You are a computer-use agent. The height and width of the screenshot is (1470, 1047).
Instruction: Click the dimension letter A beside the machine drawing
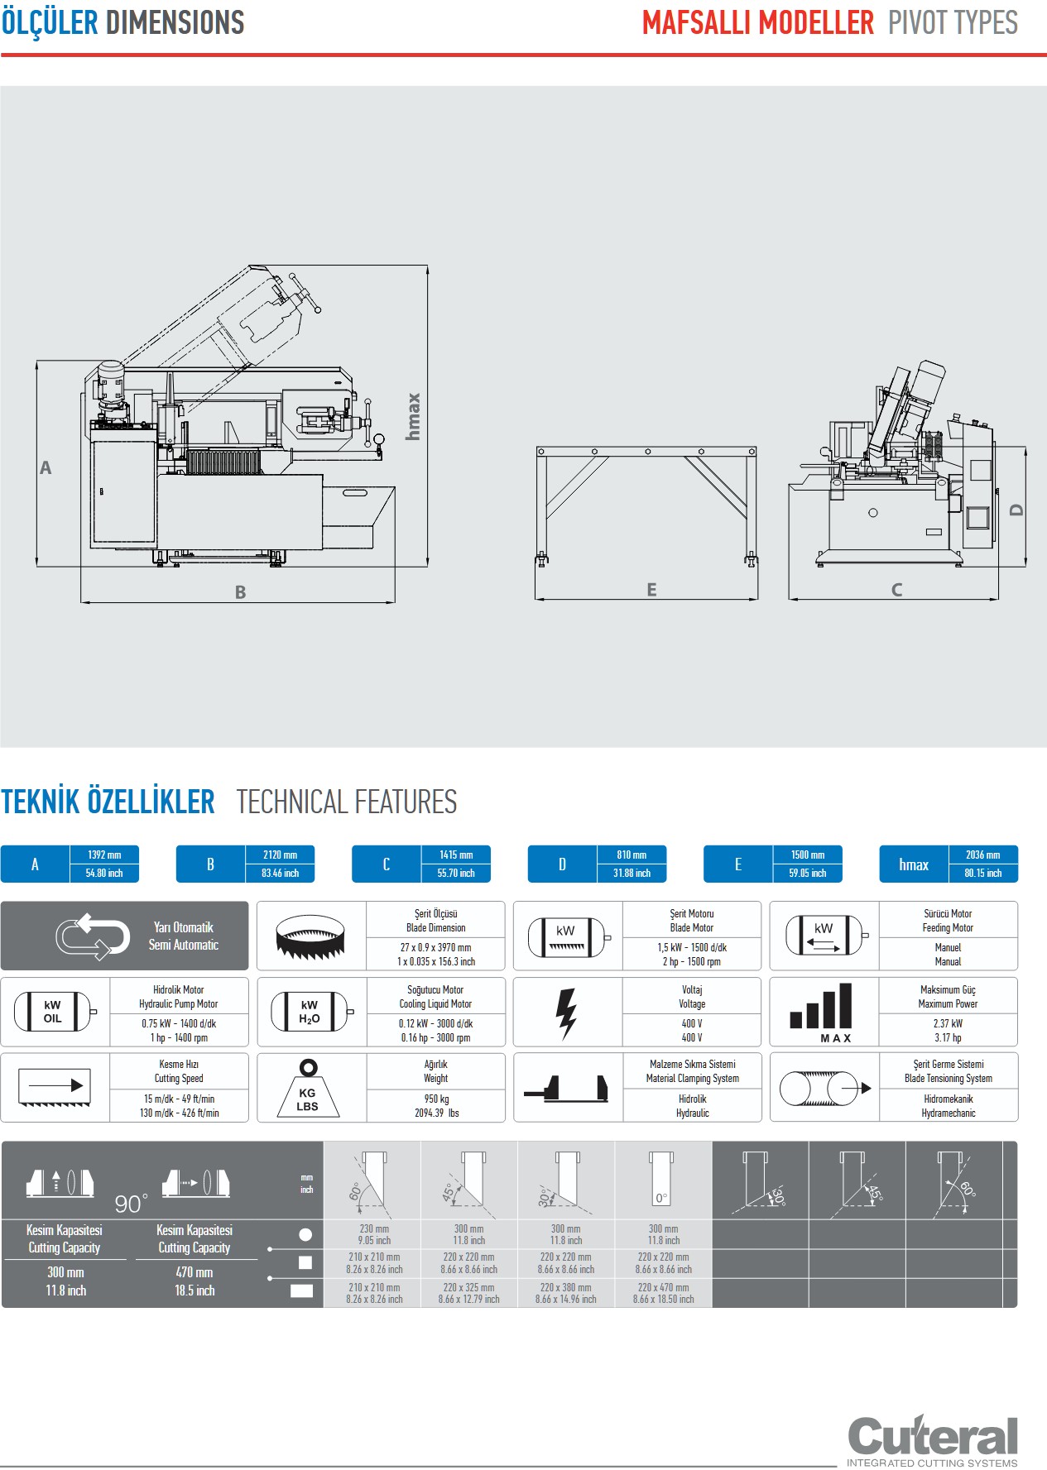[x=46, y=468]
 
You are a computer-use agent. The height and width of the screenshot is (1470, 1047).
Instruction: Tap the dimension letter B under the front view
[x=240, y=592]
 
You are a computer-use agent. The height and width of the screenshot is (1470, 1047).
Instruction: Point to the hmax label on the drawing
[x=413, y=416]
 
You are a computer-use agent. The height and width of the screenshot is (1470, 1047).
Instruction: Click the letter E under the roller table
[x=651, y=590]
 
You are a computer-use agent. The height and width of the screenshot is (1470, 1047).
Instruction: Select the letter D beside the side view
[x=1017, y=510]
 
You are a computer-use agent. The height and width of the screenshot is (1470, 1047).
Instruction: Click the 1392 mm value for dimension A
[x=104, y=855]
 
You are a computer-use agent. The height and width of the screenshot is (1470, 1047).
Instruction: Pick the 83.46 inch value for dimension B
[x=280, y=873]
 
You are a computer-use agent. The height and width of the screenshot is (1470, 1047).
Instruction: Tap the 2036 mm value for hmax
[x=982, y=855]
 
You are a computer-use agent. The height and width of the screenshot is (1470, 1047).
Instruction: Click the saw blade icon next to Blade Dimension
[x=310, y=936]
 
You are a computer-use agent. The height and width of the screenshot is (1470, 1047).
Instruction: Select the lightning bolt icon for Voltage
[x=566, y=1013]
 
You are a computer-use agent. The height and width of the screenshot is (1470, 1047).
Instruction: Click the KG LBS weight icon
[x=308, y=1089]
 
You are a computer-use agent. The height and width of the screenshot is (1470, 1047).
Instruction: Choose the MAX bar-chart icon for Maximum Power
[x=822, y=1013]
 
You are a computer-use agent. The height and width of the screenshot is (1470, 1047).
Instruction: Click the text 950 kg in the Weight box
[x=436, y=1099]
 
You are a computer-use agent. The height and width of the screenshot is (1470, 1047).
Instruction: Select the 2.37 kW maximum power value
[x=948, y=1023]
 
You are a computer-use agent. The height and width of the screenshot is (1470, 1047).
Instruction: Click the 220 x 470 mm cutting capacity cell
[x=663, y=1287]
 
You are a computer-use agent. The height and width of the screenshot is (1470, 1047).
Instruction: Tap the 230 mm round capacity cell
[x=374, y=1229]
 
